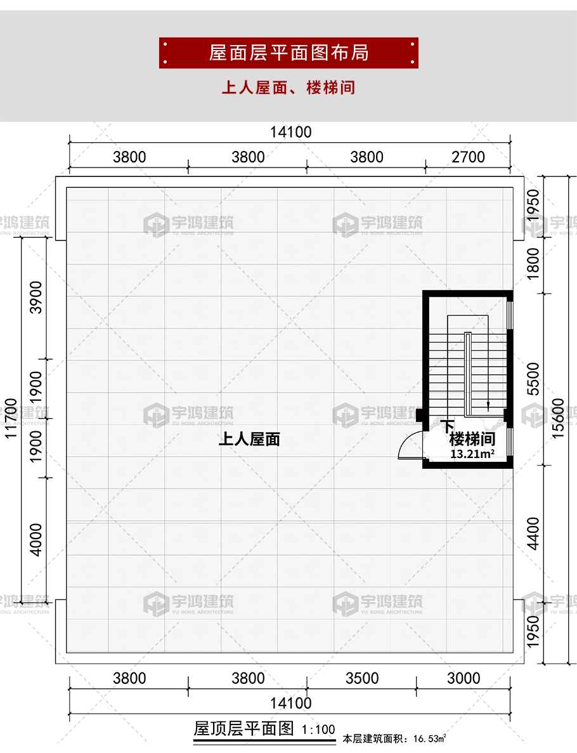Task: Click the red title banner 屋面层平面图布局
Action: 288,53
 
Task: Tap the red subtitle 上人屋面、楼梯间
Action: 288,88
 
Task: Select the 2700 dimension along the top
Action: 468,157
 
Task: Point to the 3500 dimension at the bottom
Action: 362,678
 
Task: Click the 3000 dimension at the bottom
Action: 464,678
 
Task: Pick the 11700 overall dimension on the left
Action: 11,418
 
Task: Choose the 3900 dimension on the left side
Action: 36,298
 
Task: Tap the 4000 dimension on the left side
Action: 36,540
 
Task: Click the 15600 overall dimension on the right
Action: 558,418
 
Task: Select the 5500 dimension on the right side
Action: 533,379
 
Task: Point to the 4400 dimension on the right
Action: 533,534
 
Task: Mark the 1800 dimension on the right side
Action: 533,264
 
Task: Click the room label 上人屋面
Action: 249,439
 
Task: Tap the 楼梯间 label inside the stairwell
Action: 472,439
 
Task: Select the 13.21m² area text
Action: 472,454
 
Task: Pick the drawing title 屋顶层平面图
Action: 244,728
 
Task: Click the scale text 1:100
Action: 318,730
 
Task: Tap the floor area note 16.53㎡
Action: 430,738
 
